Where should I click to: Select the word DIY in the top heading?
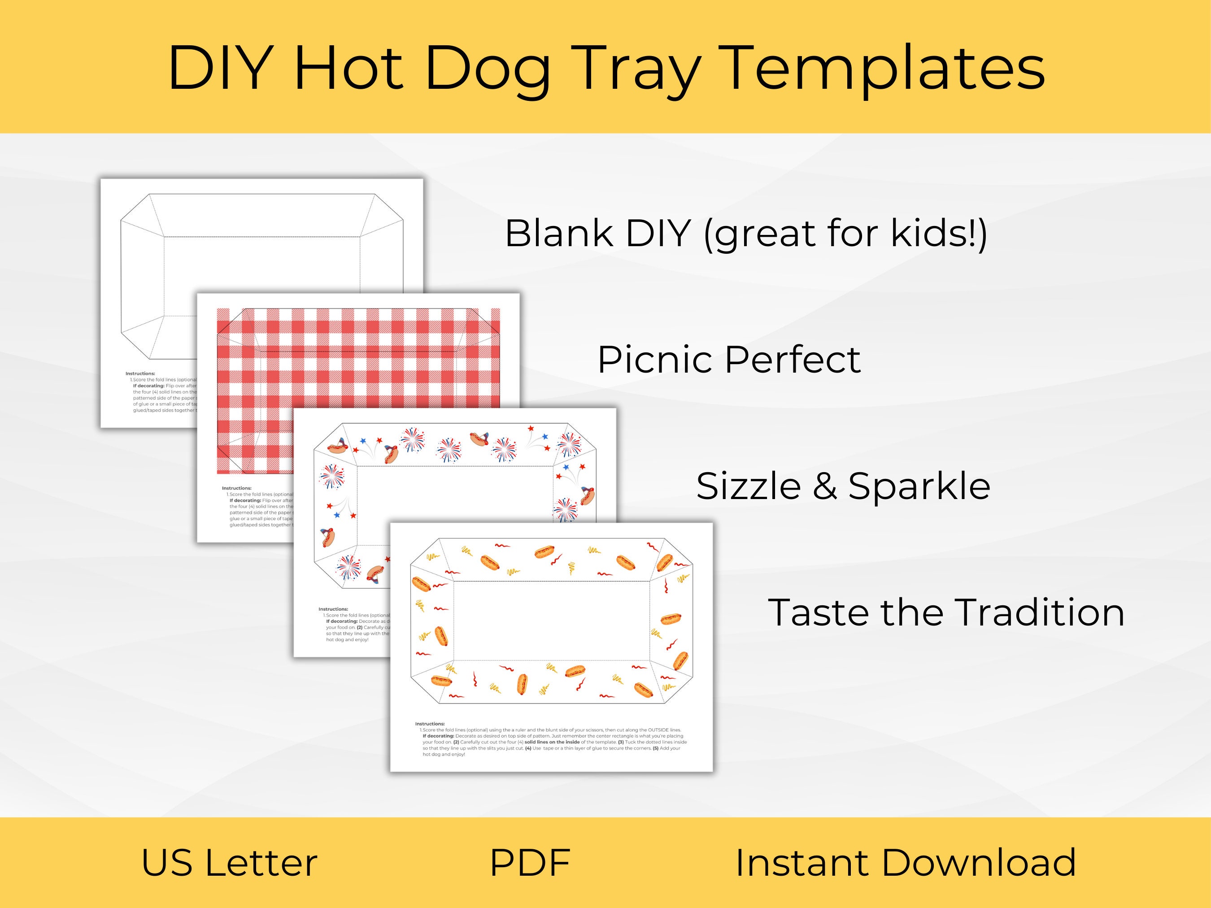click(x=220, y=69)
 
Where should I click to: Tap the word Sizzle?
click(x=749, y=486)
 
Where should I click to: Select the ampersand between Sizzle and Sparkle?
click(x=824, y=486)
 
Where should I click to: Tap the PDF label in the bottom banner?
click(x=530, y=863)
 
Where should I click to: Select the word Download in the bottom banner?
click(x=979, y=863)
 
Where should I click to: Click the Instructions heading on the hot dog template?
click(x=430, y=724)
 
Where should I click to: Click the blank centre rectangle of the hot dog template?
click(x=552, y=621)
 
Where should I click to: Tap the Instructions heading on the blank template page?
click(x=140, y=373)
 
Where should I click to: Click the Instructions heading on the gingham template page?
click(x=236, y=488)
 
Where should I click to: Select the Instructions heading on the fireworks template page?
click(x=333, y=608)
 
